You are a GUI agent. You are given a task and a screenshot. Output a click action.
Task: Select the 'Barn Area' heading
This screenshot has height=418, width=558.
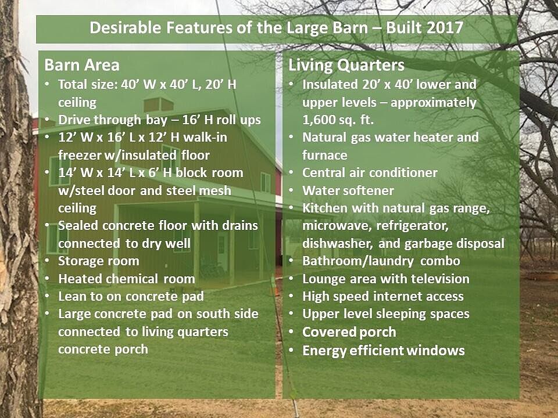pos(82,65)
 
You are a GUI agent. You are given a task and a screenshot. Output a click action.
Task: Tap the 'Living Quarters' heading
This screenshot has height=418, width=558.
pos(346,66)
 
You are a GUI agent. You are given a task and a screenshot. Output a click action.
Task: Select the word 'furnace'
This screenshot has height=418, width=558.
pos(324,156)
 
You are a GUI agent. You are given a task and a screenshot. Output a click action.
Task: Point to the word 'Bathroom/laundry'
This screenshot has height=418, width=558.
pos(358,261)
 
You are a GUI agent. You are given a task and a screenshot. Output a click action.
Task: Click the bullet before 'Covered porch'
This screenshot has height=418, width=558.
pos(291,332)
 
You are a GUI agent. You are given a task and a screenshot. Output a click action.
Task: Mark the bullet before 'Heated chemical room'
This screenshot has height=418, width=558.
pos(47,279)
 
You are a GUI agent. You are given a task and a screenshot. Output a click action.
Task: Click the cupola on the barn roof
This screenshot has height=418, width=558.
pos(159,104)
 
